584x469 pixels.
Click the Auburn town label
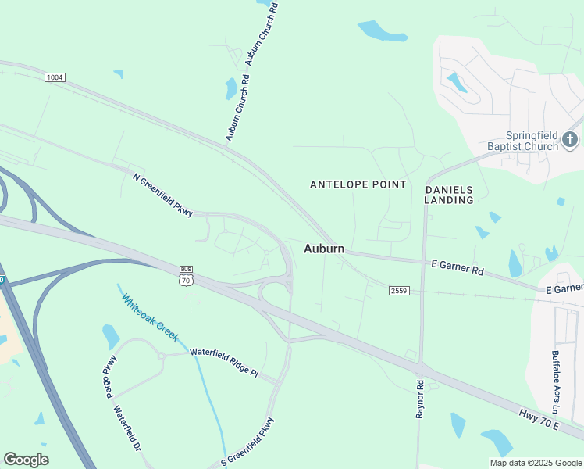323,249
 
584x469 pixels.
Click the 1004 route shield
55,77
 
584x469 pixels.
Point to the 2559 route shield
398,290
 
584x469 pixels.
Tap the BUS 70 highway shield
185,275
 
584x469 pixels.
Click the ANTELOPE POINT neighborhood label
358,184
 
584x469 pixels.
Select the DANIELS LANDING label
449,195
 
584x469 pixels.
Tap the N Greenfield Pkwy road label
163,195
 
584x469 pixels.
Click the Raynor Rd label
420,399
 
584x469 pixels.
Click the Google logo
26,460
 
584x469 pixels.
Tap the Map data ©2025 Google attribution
535,463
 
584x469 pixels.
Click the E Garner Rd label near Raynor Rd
458,267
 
